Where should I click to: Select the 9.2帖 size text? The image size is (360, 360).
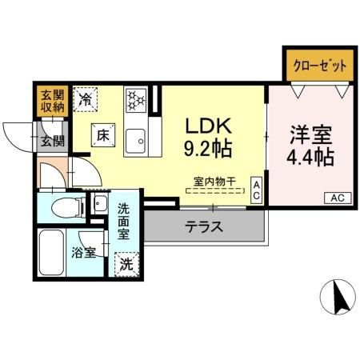(208, 149)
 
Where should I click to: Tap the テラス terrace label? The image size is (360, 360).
(206, 226)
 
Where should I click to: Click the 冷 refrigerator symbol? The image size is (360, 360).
(86, 99)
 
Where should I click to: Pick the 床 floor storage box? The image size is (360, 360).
(102, 135)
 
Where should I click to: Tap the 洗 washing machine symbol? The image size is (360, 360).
(126, 262)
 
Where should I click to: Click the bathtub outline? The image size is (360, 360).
(51, 253)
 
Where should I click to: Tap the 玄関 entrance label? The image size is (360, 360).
(54, 142)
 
